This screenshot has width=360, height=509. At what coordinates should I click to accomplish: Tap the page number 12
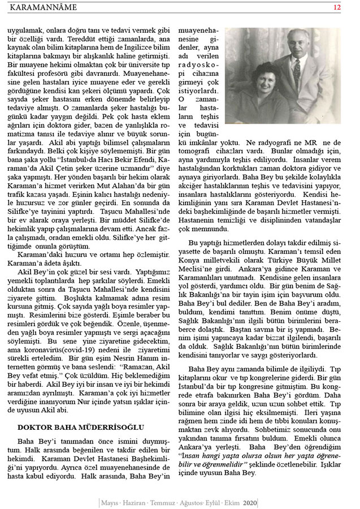coord(337,7)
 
